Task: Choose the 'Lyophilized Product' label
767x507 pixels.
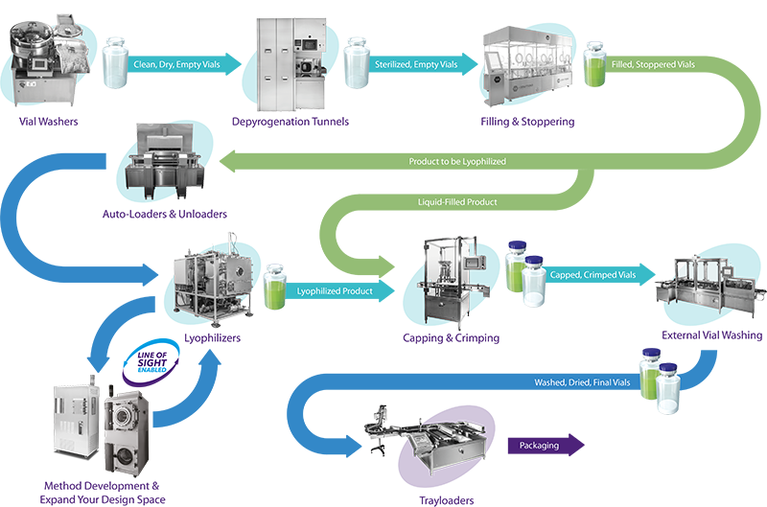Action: pos(335,289)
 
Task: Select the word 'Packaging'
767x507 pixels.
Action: pos(538,446)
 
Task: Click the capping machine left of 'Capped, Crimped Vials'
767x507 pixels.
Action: pos(451,278)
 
